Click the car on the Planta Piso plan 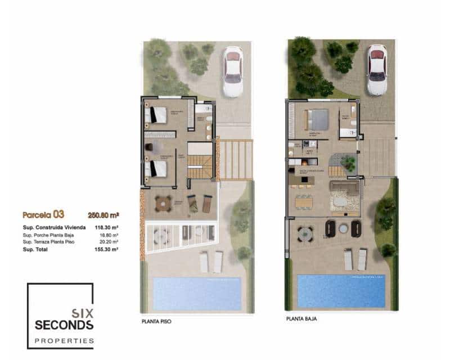point(232,71)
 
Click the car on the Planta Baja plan point(377,69)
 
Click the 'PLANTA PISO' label point(156,322)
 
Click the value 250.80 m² point(103,214)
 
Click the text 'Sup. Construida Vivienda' point(54,227)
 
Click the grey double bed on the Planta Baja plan point(317,119)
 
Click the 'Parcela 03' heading point(43,214)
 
